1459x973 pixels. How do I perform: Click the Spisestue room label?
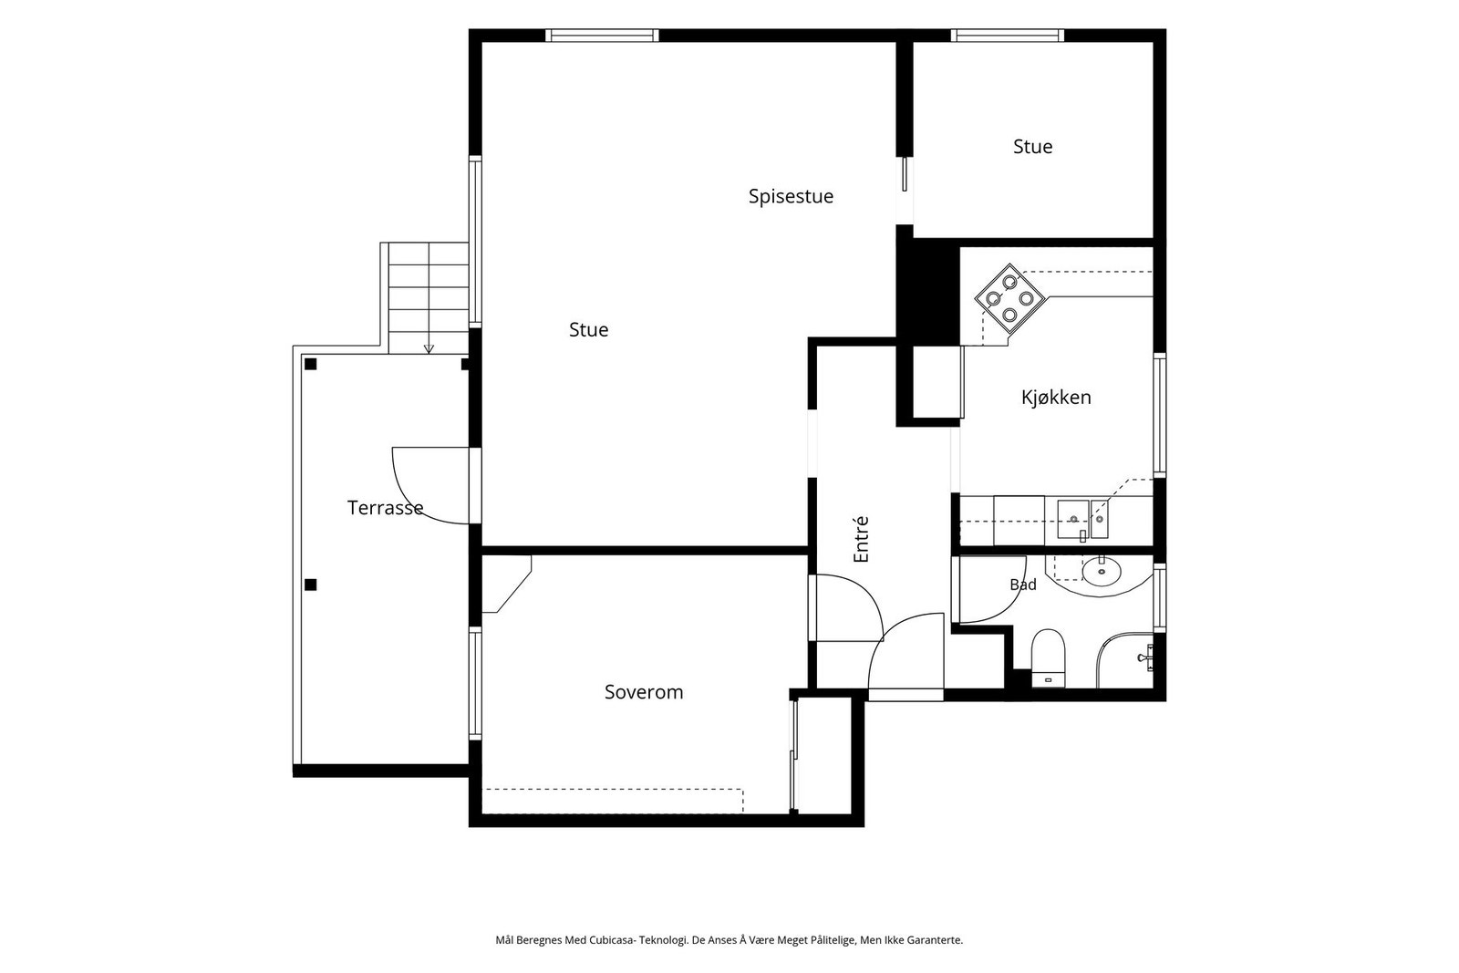(x=791, y=197)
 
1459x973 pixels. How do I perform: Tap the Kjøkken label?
(x=1056, y=398)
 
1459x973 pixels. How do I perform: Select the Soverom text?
(x=644, y=691)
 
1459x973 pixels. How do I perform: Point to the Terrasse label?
(x=385, y=507)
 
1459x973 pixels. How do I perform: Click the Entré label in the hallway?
(x=861, y=539)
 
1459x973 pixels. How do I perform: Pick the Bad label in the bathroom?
(x=1022, y=585)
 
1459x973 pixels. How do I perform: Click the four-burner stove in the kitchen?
(x=1009, y=298)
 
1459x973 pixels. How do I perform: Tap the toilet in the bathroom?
(x=1048, y=657)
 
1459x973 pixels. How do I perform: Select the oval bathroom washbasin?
(x=1102, y=571)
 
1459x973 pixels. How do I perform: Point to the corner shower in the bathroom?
(x=1125, y=659)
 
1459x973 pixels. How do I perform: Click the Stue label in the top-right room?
(x=1032, y=147)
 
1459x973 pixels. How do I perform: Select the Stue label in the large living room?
(x=588, y=330)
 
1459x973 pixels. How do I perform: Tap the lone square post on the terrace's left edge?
(x=311, y=585)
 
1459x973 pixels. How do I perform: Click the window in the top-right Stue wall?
(x=1007, y=36)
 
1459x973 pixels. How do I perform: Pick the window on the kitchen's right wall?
(x=1160, y=415)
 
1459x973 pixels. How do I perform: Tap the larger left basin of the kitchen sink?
(x=1072, y=519)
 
